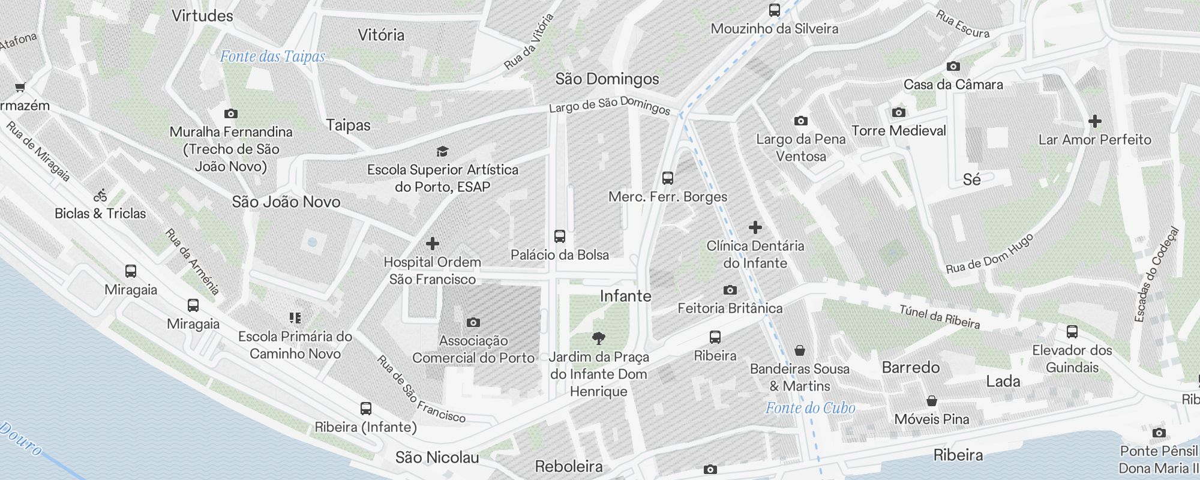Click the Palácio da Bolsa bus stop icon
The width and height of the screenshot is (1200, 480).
[x=560, y=236]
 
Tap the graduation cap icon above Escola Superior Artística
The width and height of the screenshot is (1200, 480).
[x=442, y=151]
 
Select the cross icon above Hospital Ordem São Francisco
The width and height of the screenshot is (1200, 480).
[x=433, y=244]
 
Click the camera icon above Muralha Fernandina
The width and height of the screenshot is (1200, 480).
[x=231, y=113]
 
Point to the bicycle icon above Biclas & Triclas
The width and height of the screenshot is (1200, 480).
[x=100, y=195]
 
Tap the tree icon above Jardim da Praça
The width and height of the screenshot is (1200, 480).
[x=598, y=338]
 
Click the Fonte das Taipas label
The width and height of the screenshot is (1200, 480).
[x=272, y=57]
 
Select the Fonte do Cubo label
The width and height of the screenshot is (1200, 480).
[x=810, y=409]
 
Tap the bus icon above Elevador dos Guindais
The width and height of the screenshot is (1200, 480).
[x=1072, y=332]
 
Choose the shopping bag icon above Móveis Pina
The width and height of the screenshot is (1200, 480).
[x=932, y=401]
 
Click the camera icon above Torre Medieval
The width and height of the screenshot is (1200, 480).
[x=898, y=112]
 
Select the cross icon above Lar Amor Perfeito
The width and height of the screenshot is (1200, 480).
[x=1095, y=122]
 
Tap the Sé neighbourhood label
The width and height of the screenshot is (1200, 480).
[x=971, y=179]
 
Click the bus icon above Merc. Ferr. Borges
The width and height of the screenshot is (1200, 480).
[x=668, y=178]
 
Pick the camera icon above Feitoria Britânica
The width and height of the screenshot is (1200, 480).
[x=730, y=290]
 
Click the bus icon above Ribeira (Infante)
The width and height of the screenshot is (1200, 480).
[x=366, y=409]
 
